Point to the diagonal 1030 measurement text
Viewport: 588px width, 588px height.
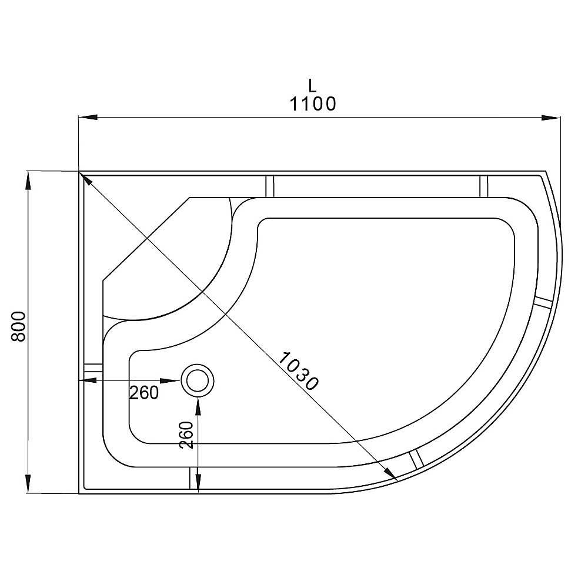tap(298, 371)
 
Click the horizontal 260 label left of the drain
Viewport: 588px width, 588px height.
tap(144, 393)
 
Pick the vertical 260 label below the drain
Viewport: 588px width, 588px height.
tap(186, 435)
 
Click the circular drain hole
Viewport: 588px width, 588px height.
tap(198, 380)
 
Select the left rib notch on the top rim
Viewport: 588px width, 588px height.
tap(270, 186)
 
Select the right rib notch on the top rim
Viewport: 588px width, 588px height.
tap(485, 186)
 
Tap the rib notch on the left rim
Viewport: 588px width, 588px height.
tap(92, 369)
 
